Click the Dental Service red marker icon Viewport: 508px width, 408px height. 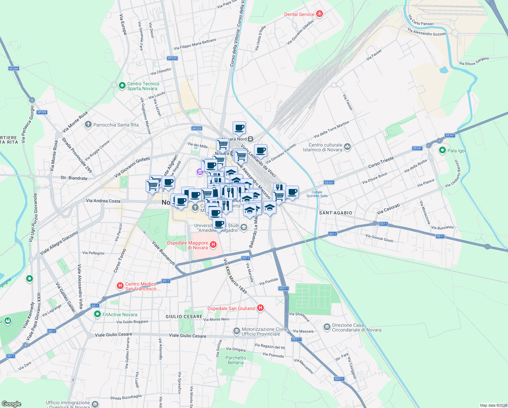319,14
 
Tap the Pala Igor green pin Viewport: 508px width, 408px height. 442,150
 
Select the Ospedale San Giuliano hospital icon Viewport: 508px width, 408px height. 260,308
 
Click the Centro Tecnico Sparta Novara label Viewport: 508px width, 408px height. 143,86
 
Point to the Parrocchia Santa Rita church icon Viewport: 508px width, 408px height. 88,125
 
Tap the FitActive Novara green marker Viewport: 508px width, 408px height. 97,314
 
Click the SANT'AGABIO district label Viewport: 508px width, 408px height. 335,213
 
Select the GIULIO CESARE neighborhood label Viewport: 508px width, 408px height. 184,317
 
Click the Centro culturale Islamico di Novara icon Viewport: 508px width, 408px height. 347,147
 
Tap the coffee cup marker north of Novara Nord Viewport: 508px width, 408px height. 239,128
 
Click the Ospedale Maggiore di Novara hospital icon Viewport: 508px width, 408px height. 213,244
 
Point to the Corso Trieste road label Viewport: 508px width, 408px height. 381,162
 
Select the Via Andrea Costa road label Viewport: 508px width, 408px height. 103,201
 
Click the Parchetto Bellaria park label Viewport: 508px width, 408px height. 236,360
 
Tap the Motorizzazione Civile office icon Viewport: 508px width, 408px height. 236,331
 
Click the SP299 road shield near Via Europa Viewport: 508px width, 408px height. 14,68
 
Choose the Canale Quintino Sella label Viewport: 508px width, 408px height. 317,194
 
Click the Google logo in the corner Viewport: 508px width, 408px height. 11,404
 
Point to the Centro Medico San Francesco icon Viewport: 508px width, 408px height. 120,286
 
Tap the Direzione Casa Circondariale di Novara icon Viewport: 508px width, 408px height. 327,327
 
